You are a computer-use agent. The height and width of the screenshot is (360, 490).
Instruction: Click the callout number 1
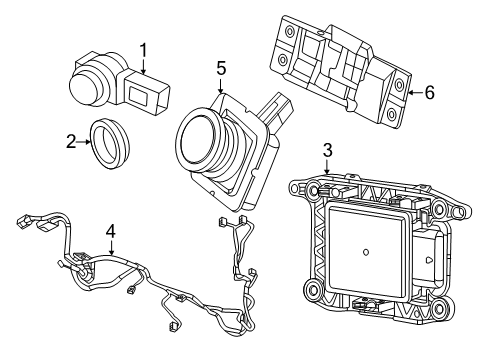[143, 49]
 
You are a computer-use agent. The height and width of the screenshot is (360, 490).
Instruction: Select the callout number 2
[71, 142]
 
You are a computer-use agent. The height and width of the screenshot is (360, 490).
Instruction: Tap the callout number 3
[327, 150]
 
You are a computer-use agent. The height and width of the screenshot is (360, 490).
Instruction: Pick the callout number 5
[221, 69]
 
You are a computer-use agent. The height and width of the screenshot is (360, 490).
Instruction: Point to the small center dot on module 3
[367, 251]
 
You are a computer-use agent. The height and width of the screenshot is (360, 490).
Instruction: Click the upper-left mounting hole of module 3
[297, 187]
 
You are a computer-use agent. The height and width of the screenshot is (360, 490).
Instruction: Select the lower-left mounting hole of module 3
[313, 292]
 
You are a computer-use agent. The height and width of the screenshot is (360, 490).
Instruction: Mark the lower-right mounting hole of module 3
[440, 321]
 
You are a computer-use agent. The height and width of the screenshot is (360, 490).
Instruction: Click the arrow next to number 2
[85, 142]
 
